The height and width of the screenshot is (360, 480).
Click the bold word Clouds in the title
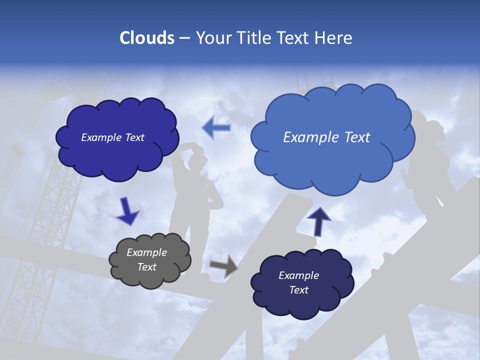pyautogui.click(x=146, y=38)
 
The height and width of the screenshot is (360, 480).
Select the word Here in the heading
pyautogui.click(x=335, y=38)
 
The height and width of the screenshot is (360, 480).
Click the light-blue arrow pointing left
pyautogui.click(x=216, y=128)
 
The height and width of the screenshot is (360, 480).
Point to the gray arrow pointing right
pyautogui.click(x=223, y=265)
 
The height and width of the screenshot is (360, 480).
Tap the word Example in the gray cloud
pyautogui.click(x=146, y=252)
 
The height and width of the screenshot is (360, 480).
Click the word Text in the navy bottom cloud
pyautogui.click(x=298, y=290)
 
